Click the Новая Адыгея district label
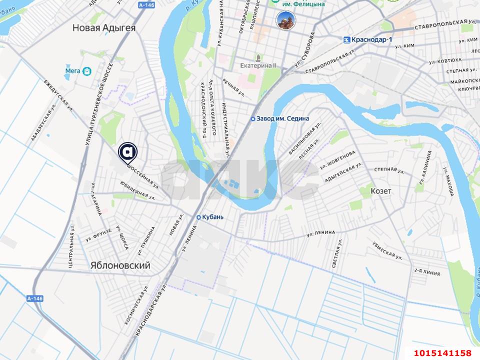103,27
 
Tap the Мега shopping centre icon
87,71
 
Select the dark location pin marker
128,152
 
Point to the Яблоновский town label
120,266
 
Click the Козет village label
380,191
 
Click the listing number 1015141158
442,353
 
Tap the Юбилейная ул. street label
137,190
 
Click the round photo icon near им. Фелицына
286,20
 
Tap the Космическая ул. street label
135,306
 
